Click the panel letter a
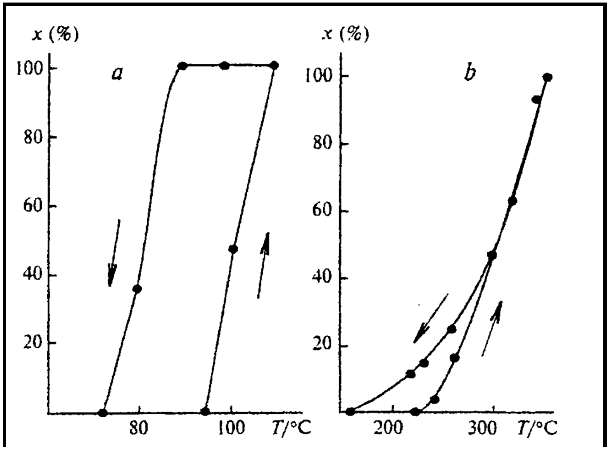click(117, 74)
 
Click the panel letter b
click(470, 74)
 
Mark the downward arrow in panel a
click(114, 253)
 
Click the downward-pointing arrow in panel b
click(430, 319)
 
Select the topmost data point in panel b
click(547, 77)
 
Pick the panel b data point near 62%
click(512, 201)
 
